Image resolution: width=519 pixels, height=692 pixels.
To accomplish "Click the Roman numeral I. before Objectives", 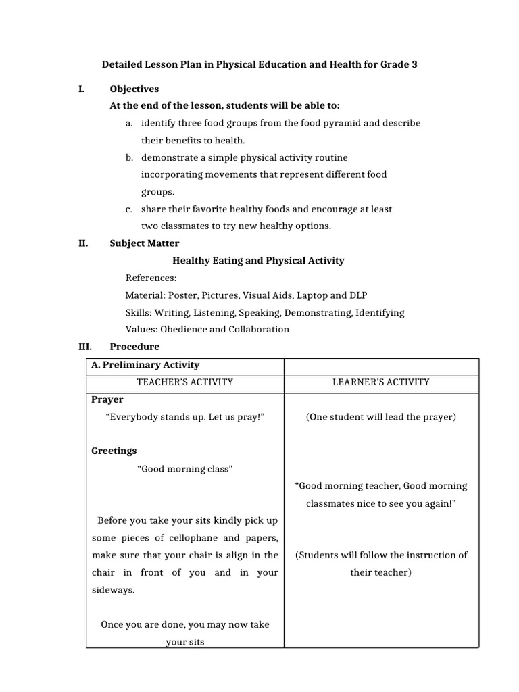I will click(81, 89).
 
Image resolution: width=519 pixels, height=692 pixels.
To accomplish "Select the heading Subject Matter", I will click(145, 243).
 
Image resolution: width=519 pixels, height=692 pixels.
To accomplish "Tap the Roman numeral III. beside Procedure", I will click(84, 347).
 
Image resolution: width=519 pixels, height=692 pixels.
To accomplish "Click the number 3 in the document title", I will click(414, 65).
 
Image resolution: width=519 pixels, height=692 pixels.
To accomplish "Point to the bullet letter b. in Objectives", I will click(128, 157).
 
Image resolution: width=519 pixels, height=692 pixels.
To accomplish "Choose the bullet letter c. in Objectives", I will click(128, 209).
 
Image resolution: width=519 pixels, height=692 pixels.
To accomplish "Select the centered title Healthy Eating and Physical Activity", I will click(259, 260).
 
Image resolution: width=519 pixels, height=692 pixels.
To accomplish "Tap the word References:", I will click(151, 278).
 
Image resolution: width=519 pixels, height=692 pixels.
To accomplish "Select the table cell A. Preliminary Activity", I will click(145, 365).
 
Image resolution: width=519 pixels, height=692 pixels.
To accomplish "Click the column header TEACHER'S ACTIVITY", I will click(184, 382).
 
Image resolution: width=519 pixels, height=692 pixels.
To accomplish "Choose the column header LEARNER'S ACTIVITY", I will click(380, 382).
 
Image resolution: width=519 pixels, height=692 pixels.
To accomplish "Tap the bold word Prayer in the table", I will click(107, 399).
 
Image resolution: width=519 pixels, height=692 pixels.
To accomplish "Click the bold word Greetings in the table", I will click(114, 451).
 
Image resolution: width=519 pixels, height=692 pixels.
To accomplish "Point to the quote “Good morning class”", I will click(185, 469).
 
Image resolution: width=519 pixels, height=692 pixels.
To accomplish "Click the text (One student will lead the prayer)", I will click(380, 417).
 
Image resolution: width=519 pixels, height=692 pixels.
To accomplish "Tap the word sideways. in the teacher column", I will click(113, 590).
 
